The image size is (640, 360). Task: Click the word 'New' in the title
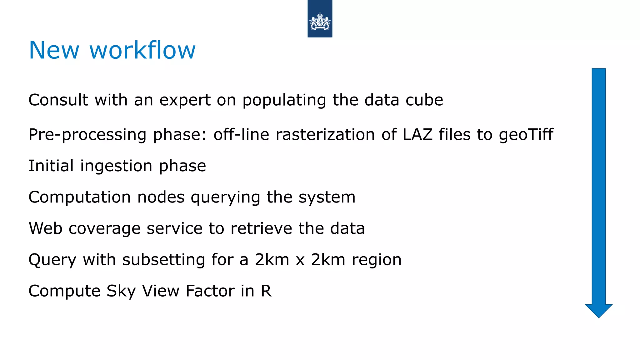(x=54, y=51)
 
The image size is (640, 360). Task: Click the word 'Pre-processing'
(x=87, y=135)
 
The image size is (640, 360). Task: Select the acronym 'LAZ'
(x=417, y=134)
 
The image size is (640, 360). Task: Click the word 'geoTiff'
(x=526, y=135)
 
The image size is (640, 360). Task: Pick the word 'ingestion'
(x=116, y=166)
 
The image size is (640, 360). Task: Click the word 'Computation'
(x=79, y=197)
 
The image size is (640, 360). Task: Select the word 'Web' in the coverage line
(x=45, y=228)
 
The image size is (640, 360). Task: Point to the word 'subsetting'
(x=163, y=260)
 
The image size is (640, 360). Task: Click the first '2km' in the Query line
(x=272, y=259)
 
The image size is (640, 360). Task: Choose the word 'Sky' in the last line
(x=121, y=291)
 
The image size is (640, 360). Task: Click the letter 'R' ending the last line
(x=266, y=291)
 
